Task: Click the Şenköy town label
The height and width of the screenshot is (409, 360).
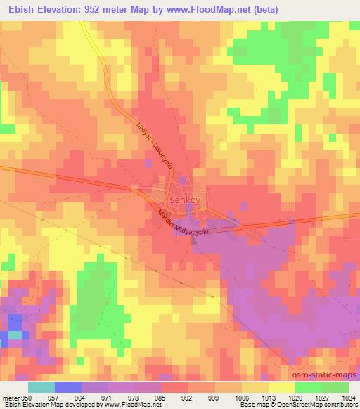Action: [181, 199]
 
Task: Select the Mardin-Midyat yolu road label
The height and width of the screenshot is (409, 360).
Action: [184, 223]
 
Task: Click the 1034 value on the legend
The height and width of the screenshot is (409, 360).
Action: [347, 397]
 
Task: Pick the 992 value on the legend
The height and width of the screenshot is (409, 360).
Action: [188, 397]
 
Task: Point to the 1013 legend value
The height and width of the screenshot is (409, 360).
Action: [268, 397]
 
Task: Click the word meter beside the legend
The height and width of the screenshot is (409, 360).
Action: [10, 397]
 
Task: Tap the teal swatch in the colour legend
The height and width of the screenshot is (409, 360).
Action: [41, 387]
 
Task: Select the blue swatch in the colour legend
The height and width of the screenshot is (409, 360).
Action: [68, 387]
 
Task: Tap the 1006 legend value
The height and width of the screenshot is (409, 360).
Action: [241, 397]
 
